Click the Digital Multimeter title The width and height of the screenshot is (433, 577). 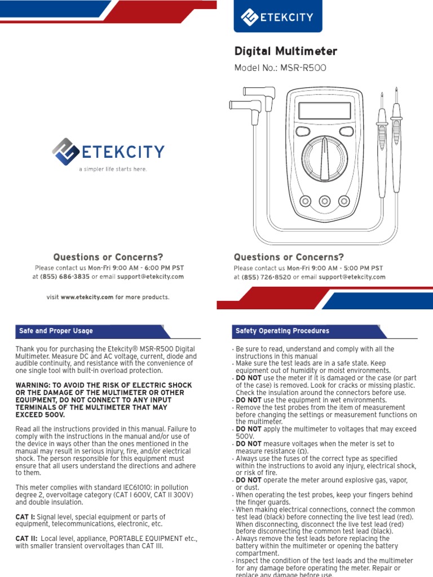click(x=286, y=52)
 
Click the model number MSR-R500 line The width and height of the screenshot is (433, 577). click(x=280, y=68)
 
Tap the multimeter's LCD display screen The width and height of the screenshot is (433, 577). click(x=324, y=110)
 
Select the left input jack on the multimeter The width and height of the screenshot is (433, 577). click(x=306, y=201)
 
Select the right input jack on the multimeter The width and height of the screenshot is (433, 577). click(x=343, y=201)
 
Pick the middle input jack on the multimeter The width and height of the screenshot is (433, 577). click(x=325, y=201)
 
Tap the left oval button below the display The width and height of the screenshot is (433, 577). click(x=303, y=131)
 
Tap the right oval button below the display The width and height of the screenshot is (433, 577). click(x=346, y=131)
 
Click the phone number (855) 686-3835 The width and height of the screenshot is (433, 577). click(x=65, y=277)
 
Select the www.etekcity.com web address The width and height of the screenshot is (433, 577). click(x=87, y=297)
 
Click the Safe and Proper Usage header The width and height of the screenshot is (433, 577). click(x=56, y=331)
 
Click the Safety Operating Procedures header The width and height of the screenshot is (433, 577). click(x=282, y=331)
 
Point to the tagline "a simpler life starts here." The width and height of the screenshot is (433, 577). click(x=113, y=169)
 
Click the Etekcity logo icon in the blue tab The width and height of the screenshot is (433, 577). click(x=250, y=17)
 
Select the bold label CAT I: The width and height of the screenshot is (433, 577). click(x=25, y=517)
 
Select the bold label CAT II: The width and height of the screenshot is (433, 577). click(x=26, y=539)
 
